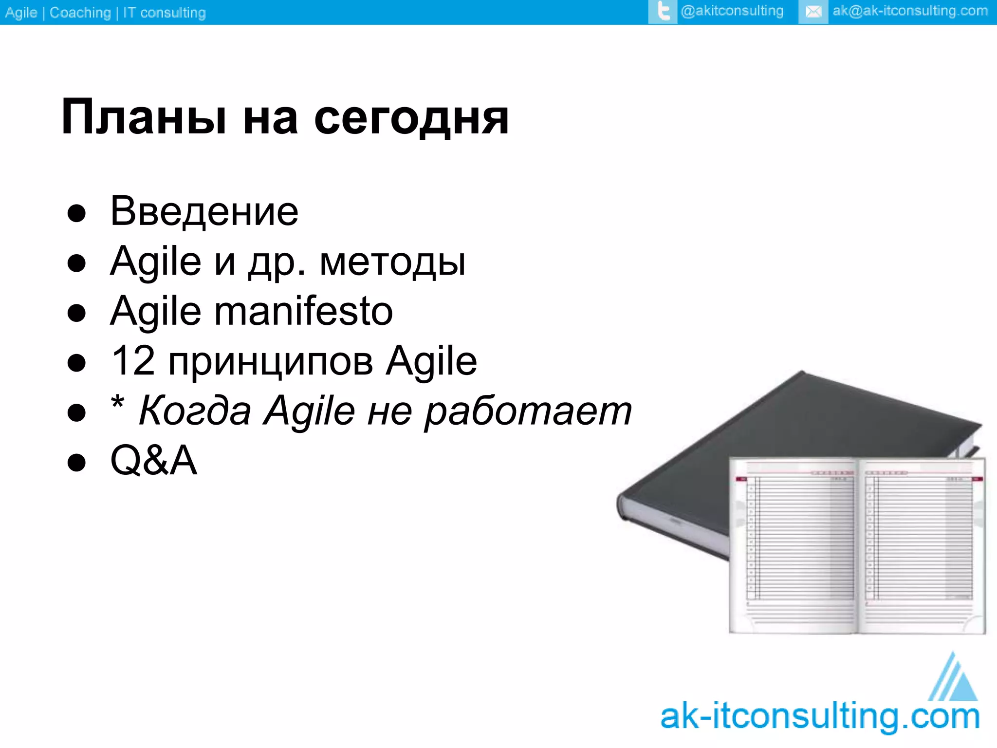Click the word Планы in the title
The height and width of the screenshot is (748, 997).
(144, 118)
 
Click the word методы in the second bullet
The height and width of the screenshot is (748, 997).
(392, 262)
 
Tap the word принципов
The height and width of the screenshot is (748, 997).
(271, 363)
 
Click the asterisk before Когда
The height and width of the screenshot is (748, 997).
(118, 404)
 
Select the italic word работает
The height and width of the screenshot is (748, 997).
(528, 411)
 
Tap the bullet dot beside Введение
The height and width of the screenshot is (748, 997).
(76, 213)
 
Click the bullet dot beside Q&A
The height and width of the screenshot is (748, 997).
(76, 462)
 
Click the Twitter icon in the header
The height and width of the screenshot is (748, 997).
(663, 12)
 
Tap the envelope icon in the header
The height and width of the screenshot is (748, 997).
(813, 12)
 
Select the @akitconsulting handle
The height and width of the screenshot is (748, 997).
(732, 11)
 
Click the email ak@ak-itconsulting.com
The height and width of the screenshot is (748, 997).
(910, 11)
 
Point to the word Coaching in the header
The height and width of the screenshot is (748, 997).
(80, 13)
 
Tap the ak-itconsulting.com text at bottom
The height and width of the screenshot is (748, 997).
(820, 717)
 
